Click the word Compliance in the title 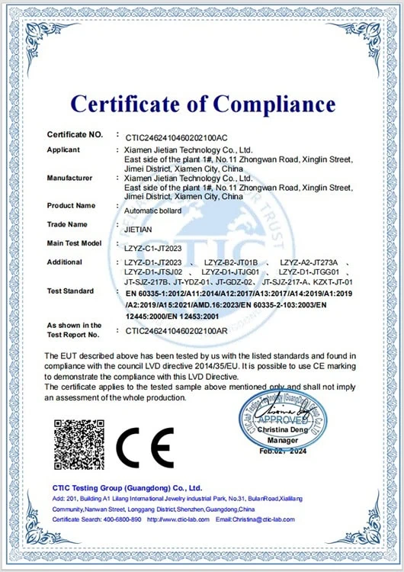[x=273, y=103]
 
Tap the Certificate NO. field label [x=74, y=134]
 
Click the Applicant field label [x=63, y=149]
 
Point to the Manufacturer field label [x=69, y=178]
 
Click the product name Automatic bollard [x=152, y=210]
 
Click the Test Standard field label [x=70, y=291]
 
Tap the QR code [x=79, y=445]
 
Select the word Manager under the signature [x=283, y=441]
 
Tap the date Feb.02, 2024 [x=283, y=452]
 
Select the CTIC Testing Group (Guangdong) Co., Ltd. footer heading [x=127, y=487]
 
